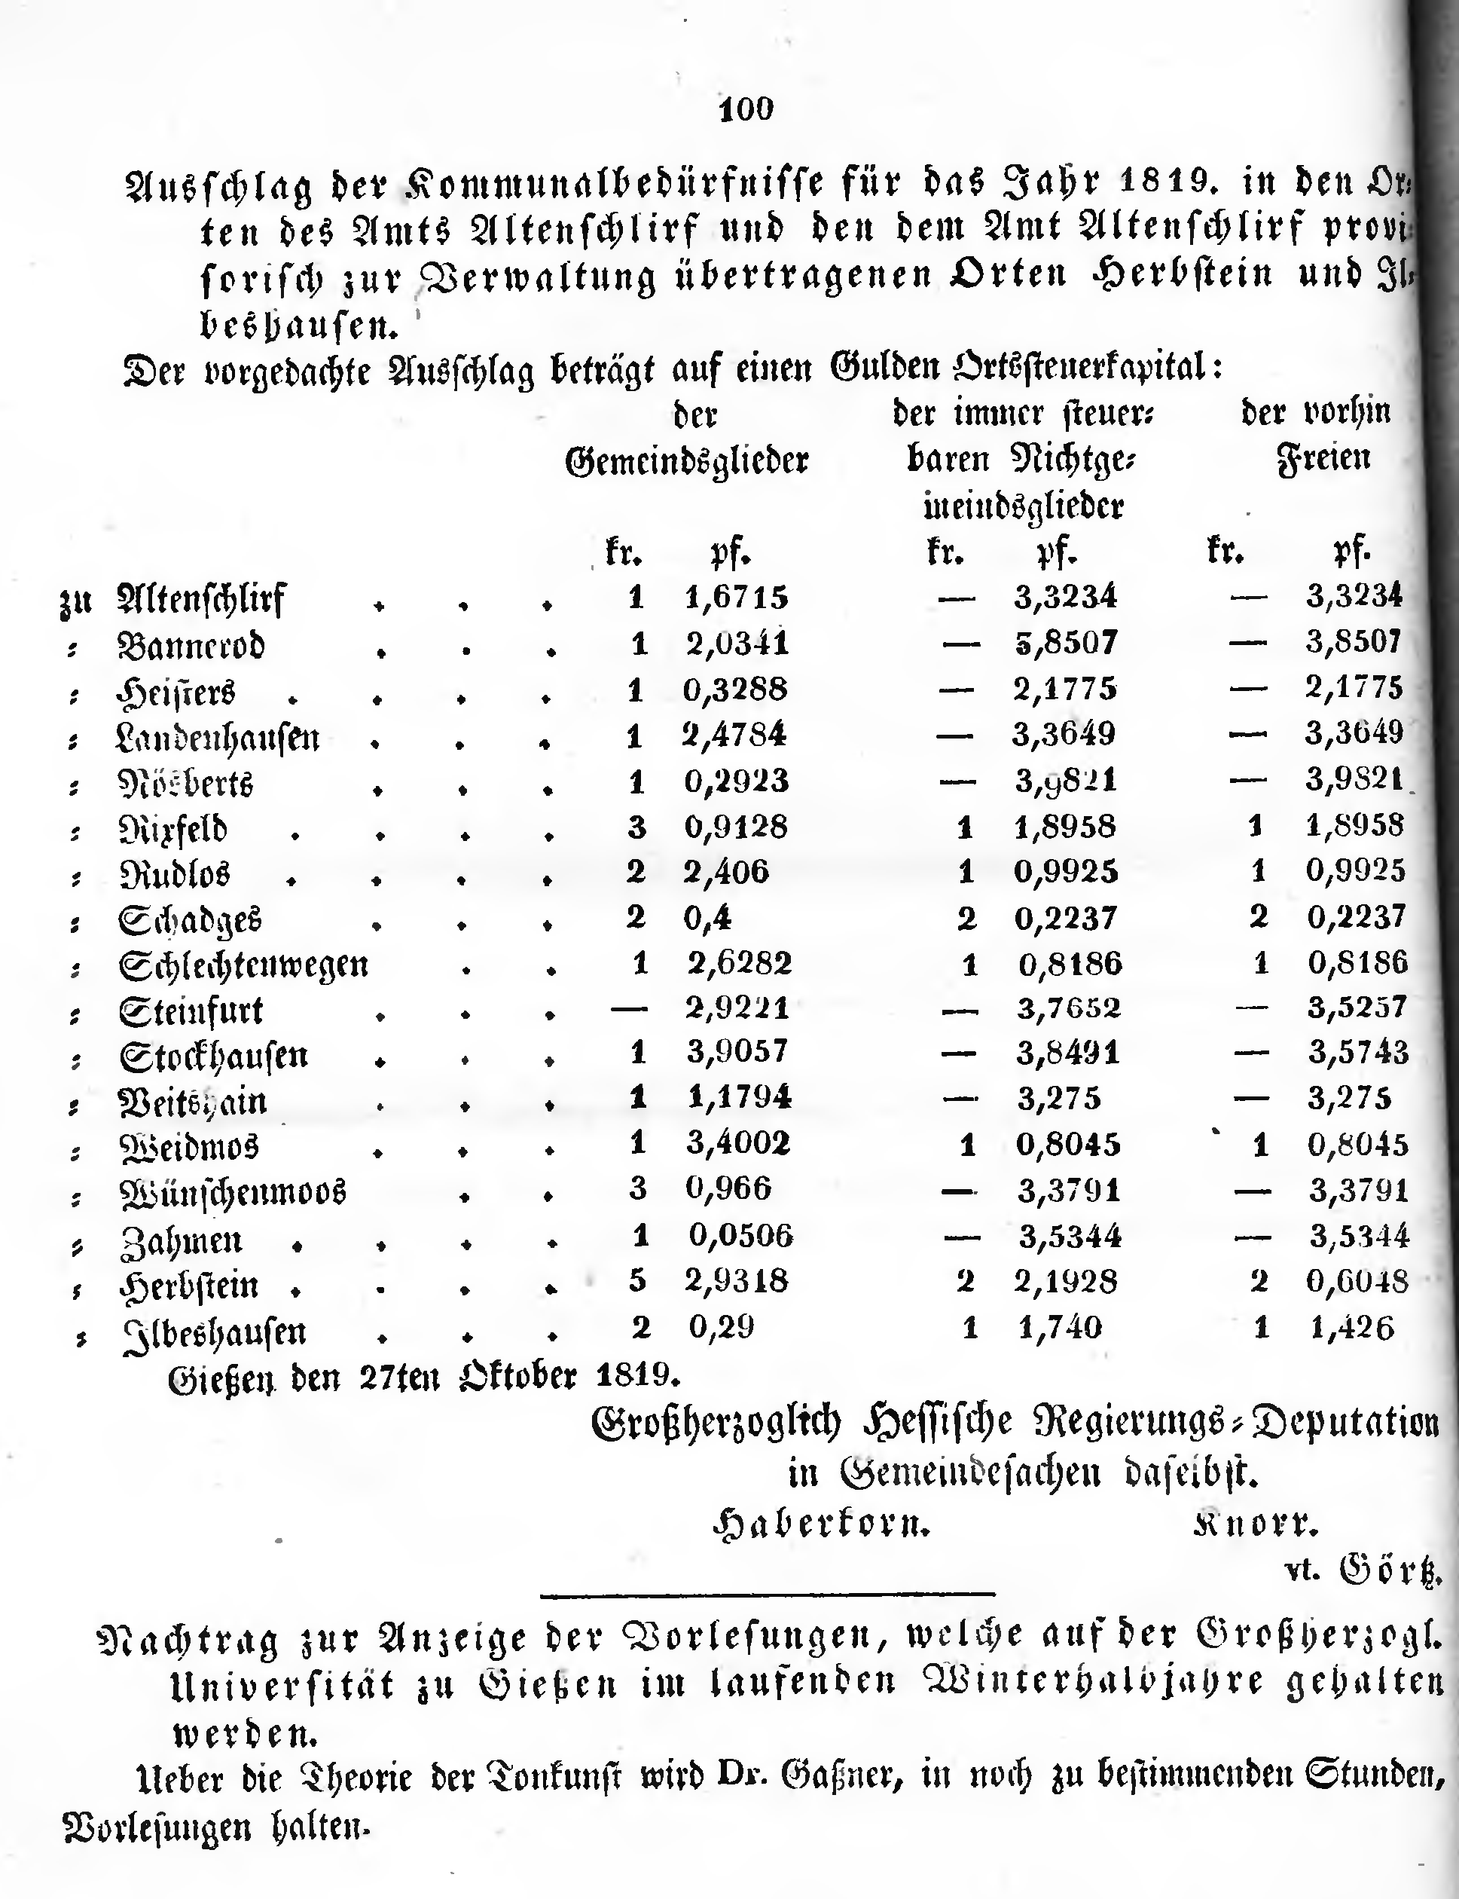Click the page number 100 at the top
coord(746,109)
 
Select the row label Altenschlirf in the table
coord(200,599)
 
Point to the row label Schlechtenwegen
coord(243,965)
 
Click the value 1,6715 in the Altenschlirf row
coord(737,597)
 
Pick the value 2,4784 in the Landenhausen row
coord(734,734)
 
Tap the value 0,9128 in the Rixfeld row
coord(736,826)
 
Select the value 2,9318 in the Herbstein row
coord(737,1280)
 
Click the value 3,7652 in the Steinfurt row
coord(1068,1008)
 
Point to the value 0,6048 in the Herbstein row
coord(1357,1280)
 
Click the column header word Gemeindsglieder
coord(686,460)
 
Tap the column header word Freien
coord(1323,457)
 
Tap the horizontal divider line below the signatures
coord(767,1594)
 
